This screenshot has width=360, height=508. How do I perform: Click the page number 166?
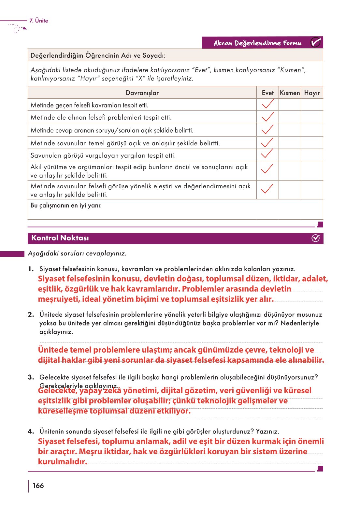pyautogui.click(x=38, y=486)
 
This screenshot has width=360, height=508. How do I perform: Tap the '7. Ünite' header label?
pyautogui.click(x=38, y=21)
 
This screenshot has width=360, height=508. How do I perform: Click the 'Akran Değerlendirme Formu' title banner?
pyautogui.click(x=257, y=43)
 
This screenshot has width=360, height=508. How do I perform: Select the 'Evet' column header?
pyautogui.click(x=267, y=93)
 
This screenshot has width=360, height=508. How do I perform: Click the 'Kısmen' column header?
pyautogui.click(x=290, y=93)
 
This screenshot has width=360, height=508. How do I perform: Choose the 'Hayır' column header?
pyautogui.click(x=312, y=93)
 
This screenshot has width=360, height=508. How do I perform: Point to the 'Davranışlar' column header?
pyautogui.click(x=142, y=93)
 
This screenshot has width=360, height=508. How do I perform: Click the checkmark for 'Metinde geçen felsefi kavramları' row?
pyautogui.click(x=267, y=104)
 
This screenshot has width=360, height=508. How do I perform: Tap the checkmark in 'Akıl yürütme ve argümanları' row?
pyautogui.click(x=267, y=169)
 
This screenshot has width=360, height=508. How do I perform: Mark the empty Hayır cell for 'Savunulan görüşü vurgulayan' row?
pyautogui.click(x=312, y=155)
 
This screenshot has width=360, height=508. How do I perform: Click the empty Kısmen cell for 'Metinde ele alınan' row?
pyautogui.click(x=290, y=117)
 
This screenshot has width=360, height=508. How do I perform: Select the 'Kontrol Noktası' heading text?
pyautogui.click(x=60, y=238)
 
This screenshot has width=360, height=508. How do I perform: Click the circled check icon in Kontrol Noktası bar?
pyautogui.click(x=315, y=238)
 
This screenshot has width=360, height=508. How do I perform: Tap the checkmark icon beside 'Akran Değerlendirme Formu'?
pyautogui.click(x=315, y=43)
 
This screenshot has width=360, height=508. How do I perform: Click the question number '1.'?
pyautogui.click(x=31, y=269)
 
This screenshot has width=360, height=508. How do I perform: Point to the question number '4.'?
pyautogui.click(x=31, y=431)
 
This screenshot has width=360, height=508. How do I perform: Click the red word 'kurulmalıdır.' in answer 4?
pyautogui.click(x=63, y=462)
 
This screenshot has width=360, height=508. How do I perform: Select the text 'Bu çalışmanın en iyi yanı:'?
pyautogui.click(x=66, y=205)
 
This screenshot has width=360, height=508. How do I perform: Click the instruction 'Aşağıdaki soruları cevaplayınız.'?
pyautogui.click(x=77, y=253)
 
